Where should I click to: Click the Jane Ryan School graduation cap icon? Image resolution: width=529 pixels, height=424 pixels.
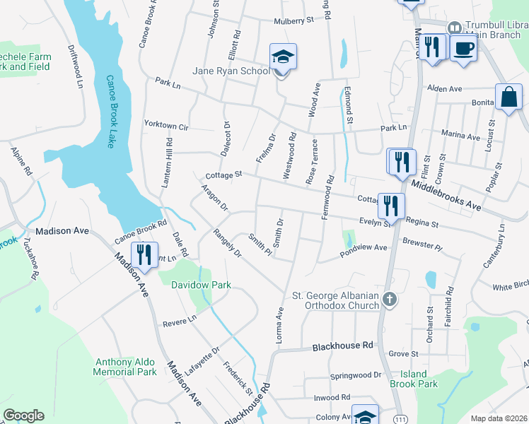pyautogui.click(x=283, y=57)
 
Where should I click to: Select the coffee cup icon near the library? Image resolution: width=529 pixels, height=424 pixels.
pyautogui.click(x=463, y=48)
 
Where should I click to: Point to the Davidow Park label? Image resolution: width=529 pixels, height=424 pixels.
pyautogui.click(x=202, y=285)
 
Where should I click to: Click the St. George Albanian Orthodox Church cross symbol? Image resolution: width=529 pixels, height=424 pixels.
pyautogui.click(x=388, y=300)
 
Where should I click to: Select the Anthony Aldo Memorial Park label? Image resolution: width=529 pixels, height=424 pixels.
pyautogui.click(x=125, y=367)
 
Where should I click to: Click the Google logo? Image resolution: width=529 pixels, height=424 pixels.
pyautogui.click(x=23, y=416)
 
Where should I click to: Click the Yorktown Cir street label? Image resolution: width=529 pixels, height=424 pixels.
pyautogui.click(x=165, y=125)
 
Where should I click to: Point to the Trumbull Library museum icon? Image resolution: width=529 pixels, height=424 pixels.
pyautogui.click(x=454, y=27)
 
